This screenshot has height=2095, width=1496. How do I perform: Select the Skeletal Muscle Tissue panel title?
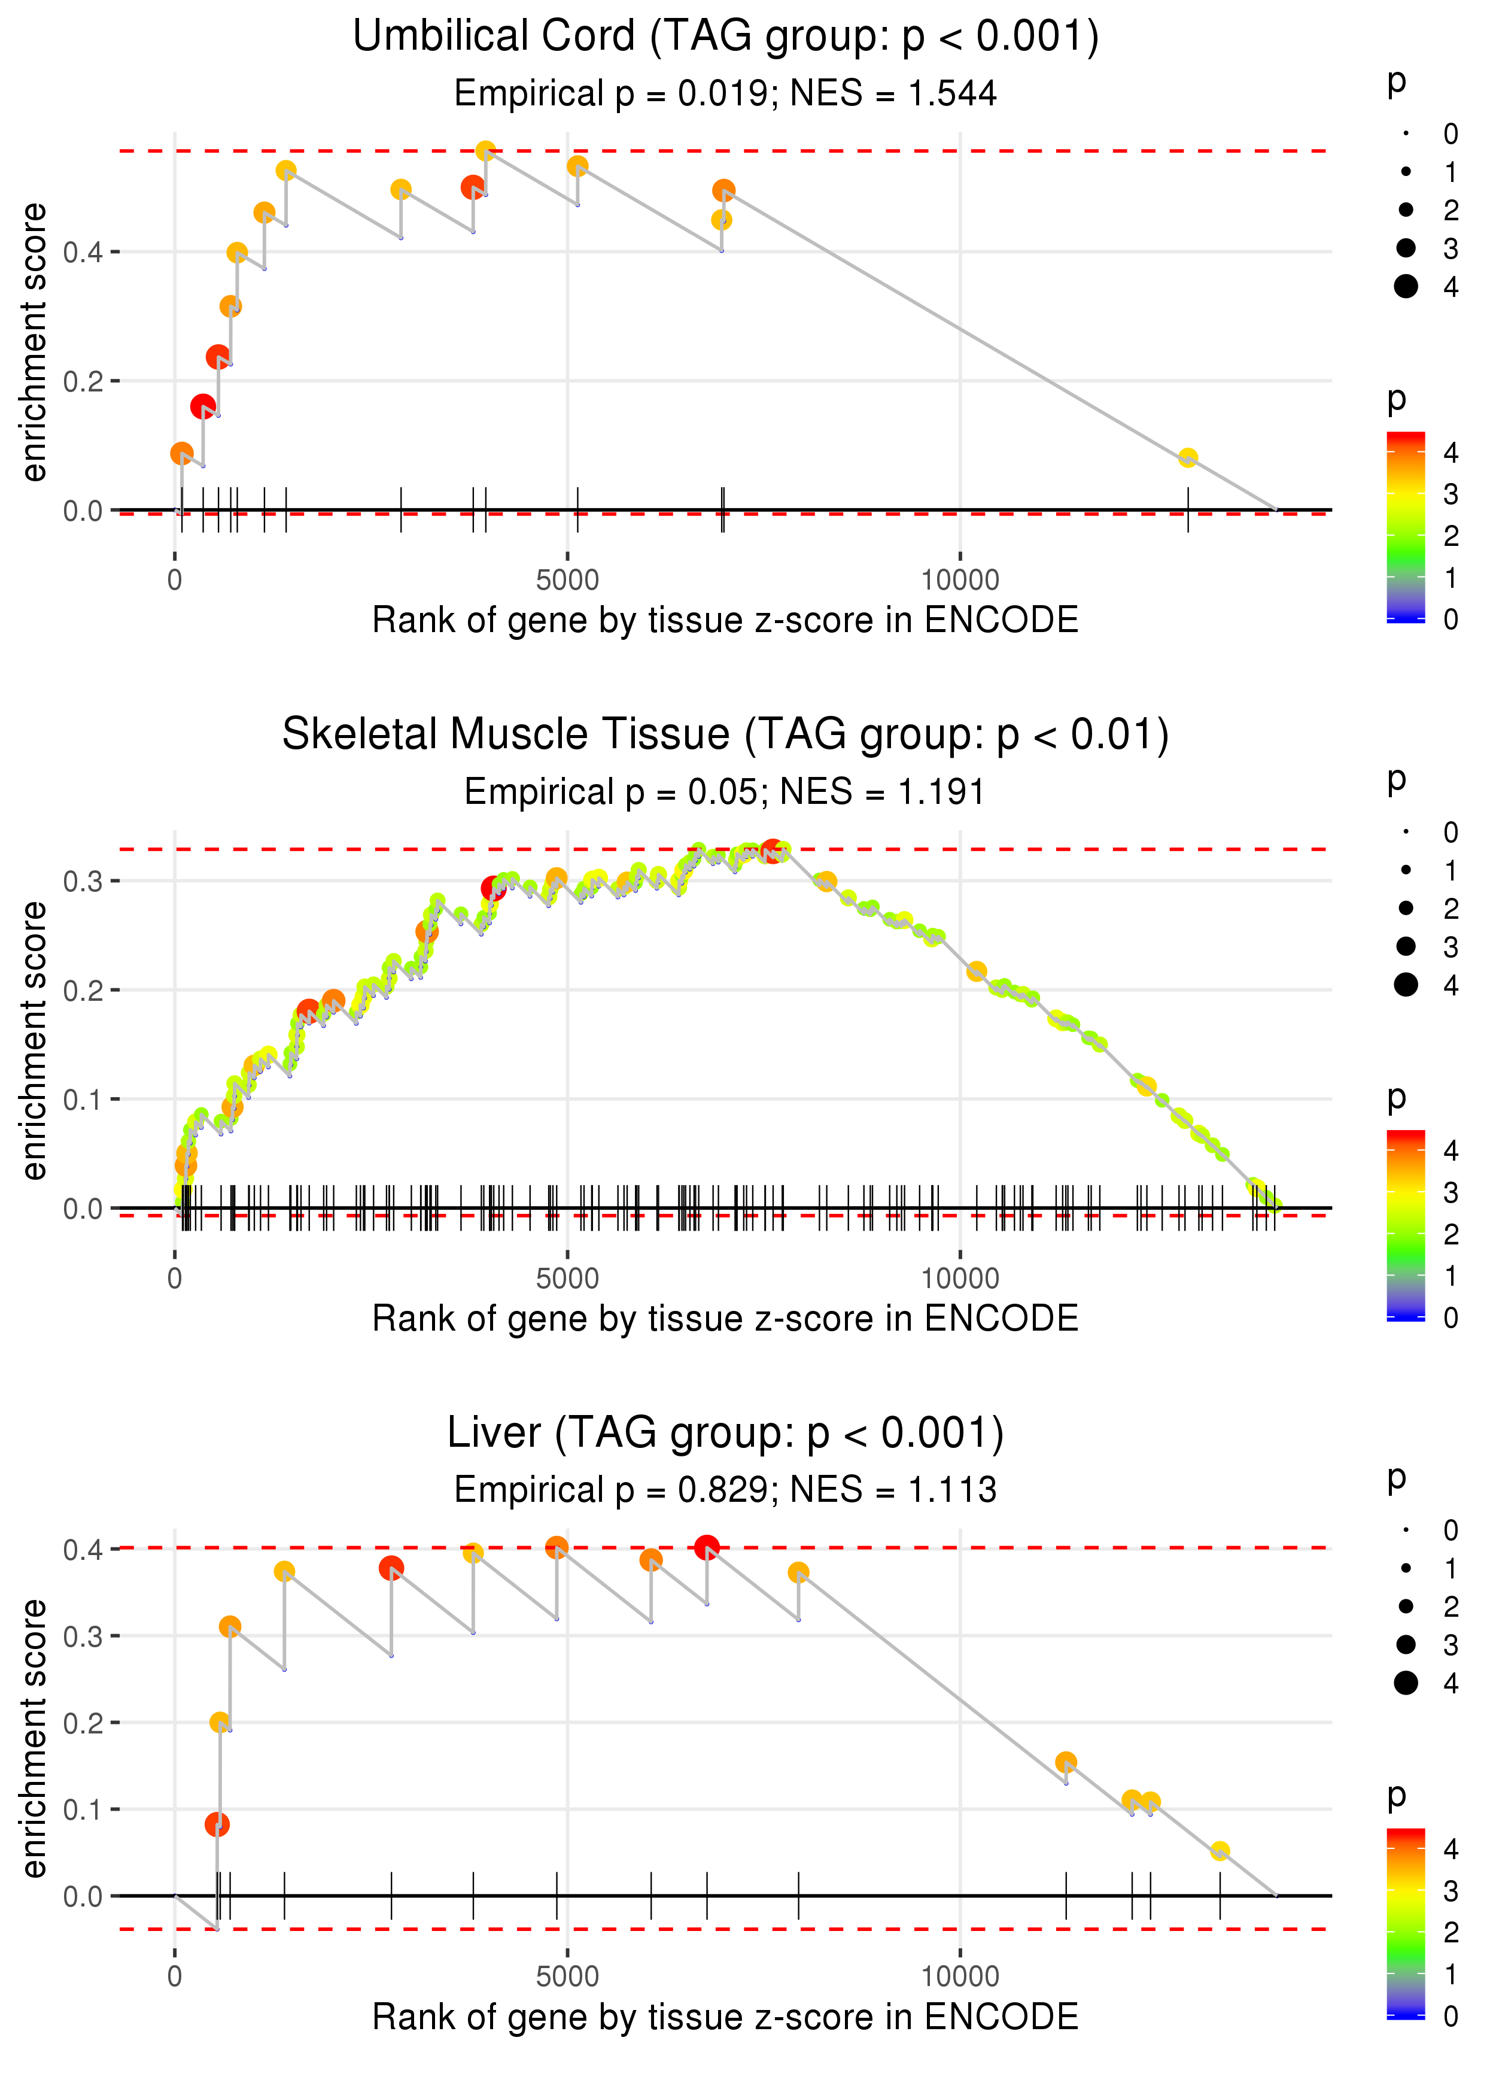[x=726, y=734]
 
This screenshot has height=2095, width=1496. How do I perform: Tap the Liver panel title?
[x=726, y=1432]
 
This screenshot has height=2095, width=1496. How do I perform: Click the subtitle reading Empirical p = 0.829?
[x=726, y=1490]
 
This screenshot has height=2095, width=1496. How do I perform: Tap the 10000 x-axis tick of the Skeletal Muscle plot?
[x=960, y=1279]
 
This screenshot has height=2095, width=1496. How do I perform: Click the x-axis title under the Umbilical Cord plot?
[x=726, y=621]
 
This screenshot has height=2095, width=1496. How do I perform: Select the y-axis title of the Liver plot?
[x=35, y=1738]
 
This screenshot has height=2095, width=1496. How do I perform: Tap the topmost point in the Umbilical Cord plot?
[x=485, y=151]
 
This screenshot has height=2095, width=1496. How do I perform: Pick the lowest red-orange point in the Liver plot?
[x=217, y=1824]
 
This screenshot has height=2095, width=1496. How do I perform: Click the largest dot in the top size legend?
[x=1406, y=287]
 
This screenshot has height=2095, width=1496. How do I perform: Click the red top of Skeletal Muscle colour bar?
[x=1406, y=1137]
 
